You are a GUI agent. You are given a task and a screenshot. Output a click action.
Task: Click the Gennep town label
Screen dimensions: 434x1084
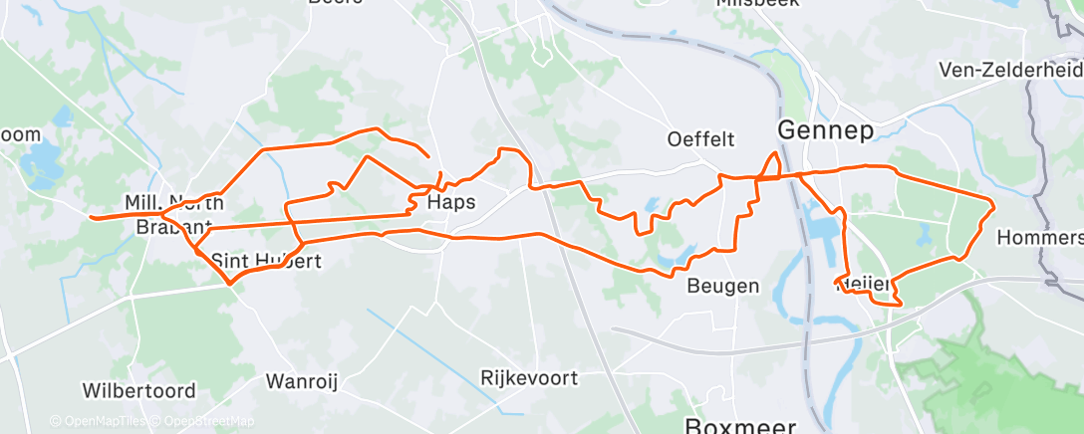(x=824, y=130)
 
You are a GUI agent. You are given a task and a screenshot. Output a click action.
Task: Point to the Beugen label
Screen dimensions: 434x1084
(x=723, y=287)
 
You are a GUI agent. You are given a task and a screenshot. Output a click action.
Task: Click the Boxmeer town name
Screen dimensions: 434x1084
(x=741, y=425)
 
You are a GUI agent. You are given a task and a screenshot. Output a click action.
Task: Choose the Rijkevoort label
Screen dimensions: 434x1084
(x=529, y=378)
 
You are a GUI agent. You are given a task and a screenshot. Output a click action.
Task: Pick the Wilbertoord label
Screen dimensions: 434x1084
(x=132, y=387)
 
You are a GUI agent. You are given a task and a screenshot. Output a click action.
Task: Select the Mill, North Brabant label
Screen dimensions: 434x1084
(x=174, y=214)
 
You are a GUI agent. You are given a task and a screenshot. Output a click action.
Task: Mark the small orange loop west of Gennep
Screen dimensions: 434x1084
(x=770, y=166)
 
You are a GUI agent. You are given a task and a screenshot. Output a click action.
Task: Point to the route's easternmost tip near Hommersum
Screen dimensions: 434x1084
(x=993, y=205)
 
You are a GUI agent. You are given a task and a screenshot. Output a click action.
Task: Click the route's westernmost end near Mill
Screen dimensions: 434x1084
(x=91, y=216)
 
